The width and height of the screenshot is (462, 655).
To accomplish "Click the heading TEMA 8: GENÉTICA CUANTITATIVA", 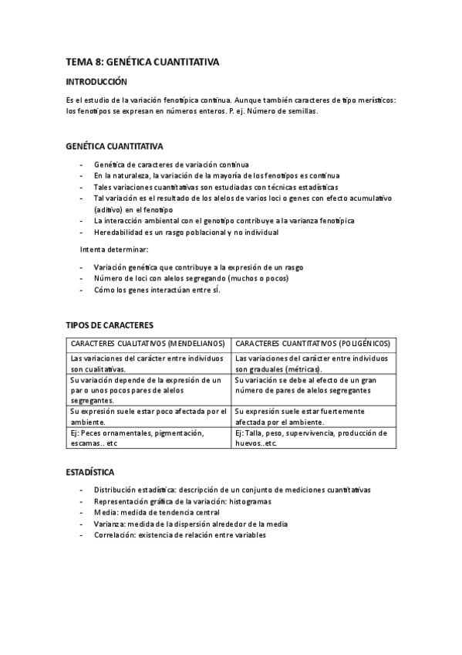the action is tap(143, 63).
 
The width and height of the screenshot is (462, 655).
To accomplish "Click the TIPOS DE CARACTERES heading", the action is tap(110, 325).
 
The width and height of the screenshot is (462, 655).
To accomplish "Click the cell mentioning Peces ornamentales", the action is tap(148, 438).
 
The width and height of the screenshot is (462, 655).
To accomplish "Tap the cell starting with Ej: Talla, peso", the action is tap(312, 438).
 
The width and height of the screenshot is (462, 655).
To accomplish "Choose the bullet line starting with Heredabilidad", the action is tap(186, 232).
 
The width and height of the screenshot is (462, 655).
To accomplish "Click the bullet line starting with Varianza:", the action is tap(191, 524).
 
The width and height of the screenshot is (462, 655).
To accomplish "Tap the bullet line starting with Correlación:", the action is tap(179, 535).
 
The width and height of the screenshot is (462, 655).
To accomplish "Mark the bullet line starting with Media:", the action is tap(157, 512).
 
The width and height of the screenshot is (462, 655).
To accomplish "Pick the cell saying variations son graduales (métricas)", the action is tap(312, 363).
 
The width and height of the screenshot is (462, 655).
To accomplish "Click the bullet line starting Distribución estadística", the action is tap(231, 490).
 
